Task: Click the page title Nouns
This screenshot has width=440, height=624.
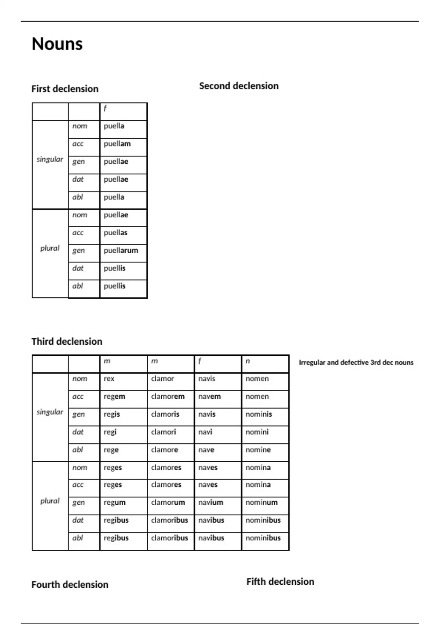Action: pyautogui.click(x=57, y=44)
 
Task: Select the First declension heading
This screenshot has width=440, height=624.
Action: pyautogui.click(x=65, y=89)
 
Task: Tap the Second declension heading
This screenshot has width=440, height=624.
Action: pyautogui.click(x=239, y=86)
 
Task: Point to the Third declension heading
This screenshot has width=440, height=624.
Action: pyautogui.click(x=67, y=342)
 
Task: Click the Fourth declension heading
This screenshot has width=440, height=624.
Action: pyautogui.click(x=70, y=585)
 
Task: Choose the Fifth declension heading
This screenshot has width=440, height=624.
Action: pyautogui.click(x=280, y=582)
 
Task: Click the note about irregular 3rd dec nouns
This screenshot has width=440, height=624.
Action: pyautogui.click(x=356, y=363)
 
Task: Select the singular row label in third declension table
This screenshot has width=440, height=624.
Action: pyautogui.click(x=50, y=412)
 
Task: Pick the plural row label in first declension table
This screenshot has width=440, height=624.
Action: pyautogui.click(x=50, y=248)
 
